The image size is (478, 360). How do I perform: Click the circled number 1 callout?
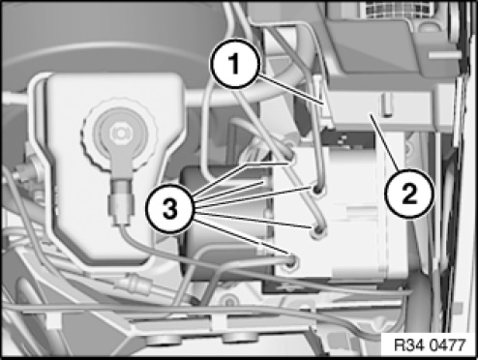(235, 64)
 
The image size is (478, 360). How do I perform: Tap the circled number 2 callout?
(409, 194)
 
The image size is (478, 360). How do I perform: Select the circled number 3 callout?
(170, 208)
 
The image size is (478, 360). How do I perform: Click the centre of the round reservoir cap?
(119, 133)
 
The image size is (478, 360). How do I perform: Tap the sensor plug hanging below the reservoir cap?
(121, 202)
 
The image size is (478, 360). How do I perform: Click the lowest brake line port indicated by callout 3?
(291, 262)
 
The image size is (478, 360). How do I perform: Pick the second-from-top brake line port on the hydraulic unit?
(317, 190)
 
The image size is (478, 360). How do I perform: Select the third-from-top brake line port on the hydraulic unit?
(318, 230)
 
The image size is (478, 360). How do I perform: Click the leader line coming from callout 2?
(385, 143)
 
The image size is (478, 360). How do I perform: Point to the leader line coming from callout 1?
(291, 89)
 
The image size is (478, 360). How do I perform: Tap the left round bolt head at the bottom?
(168, 339)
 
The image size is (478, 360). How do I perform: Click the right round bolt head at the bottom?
(240, 338)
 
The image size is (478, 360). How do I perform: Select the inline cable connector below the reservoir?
(134, 283)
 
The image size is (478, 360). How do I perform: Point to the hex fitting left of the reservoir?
(23, 172)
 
